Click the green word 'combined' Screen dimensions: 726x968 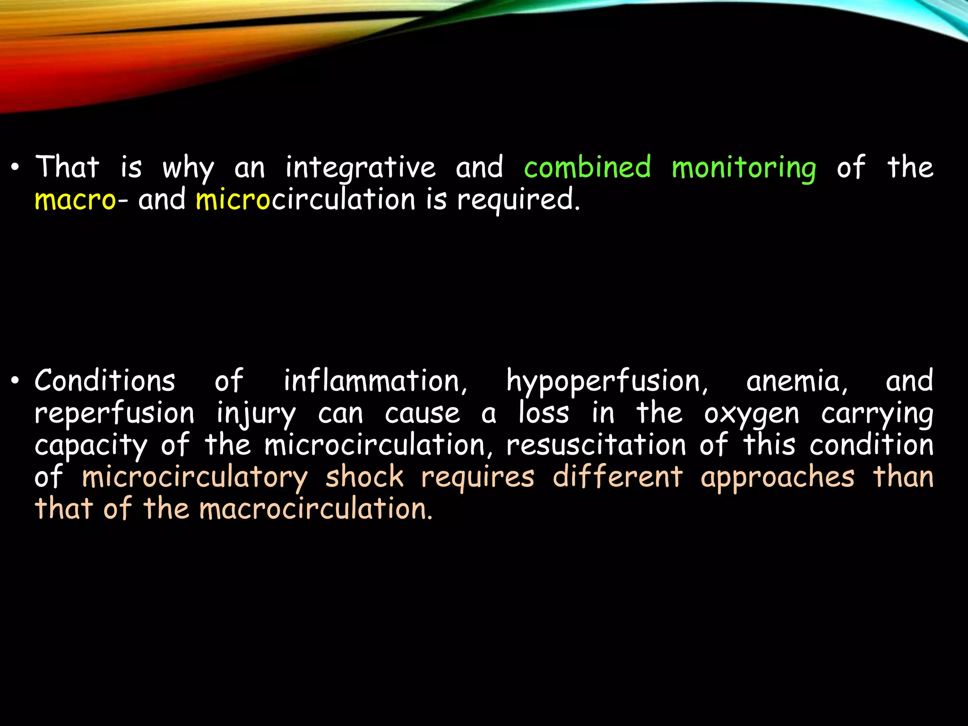(x=588, y=167)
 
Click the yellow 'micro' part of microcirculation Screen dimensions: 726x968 (x=233, y=199)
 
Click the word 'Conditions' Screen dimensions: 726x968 (x=105, y=381)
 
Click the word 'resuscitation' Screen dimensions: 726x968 (x=596, y=446)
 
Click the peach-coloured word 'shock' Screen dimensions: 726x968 (x=364, y=477)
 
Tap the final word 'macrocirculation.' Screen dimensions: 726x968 (x=316, y=510)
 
